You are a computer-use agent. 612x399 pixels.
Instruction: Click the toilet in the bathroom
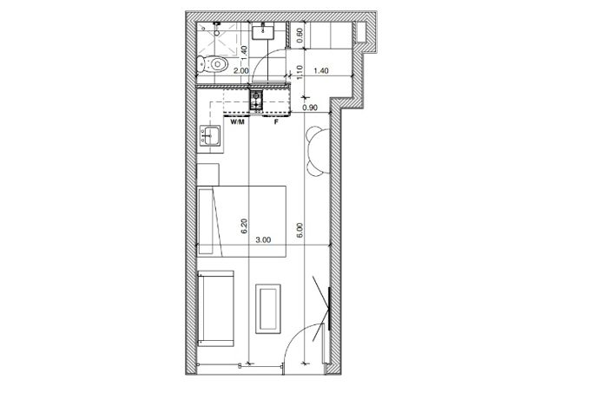tap(214, 63)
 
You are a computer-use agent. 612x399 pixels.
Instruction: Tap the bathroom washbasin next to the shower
tap(263, 33)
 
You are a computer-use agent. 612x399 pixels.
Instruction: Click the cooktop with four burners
tap(258, 101)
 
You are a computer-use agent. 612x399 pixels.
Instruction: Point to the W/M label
tap(236, 122)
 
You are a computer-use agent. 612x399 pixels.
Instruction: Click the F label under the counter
tap(276, 122)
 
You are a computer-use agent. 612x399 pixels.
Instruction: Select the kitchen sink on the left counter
tap(209, 134)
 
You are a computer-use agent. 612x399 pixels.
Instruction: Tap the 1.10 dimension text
tap(299, 75)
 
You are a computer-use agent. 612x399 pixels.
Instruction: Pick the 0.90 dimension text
tap(309, 108)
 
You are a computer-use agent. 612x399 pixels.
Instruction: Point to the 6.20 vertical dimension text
tap(246, 227)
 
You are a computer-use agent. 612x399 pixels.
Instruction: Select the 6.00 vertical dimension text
tap(299, 229)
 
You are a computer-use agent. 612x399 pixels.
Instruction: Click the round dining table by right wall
tap(314, 147)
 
